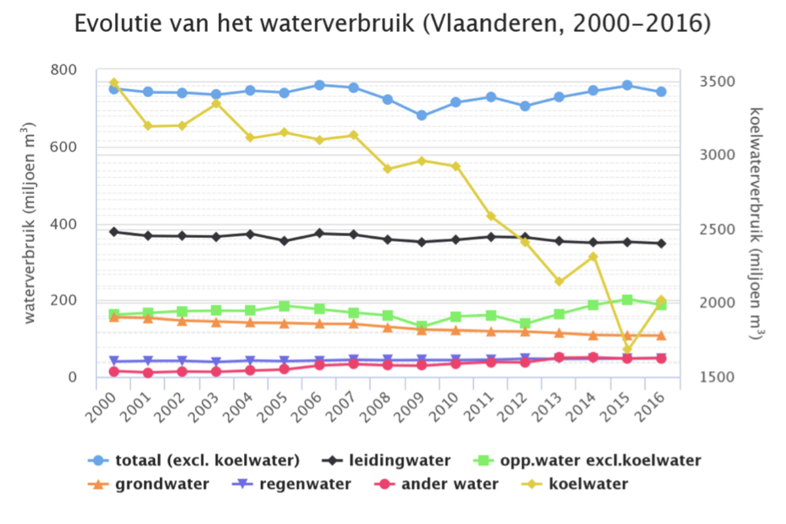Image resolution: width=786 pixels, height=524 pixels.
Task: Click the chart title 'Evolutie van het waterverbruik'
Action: tap(392, 24)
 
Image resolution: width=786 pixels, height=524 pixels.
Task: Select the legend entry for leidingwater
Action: tap(399, 461)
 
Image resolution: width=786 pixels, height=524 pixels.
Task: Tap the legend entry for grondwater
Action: tap(162, 484)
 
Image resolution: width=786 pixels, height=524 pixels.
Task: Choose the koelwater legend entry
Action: tap(588, 484)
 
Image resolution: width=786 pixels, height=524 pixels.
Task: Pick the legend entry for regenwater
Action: tap(305, 484)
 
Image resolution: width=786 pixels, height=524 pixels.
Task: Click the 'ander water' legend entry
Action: tap(449, 484)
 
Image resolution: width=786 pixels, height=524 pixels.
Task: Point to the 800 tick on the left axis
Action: tap(63, 70)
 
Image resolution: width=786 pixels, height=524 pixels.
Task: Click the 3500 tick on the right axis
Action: tap(717, 82)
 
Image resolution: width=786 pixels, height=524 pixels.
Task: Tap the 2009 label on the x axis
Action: tap(408, 407)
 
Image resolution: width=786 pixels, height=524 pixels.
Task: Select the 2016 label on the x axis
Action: tap(650, 407)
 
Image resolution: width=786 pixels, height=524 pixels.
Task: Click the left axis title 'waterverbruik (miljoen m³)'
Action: tap(29, 222)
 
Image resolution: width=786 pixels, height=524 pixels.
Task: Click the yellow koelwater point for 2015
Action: tap(627, 350)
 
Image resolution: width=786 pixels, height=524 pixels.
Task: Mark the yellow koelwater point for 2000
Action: tap(114, 83)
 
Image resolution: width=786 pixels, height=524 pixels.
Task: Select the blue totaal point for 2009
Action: tap(422, 116)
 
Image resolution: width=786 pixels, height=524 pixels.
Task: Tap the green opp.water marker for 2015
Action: tap(627, 300)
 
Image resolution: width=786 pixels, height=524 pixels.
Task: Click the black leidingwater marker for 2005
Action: tap(284, 241)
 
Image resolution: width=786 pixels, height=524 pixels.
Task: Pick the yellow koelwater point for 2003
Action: tap(216, 103)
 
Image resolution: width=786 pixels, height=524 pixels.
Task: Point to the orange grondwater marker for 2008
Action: tap(387, 328)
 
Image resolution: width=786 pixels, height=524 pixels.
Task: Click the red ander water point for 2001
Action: tap(148, 373)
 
